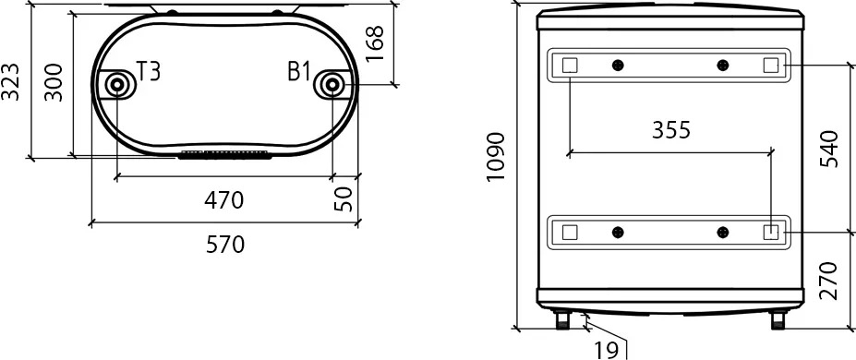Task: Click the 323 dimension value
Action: [x=10, y=82]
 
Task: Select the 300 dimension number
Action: [x=54, y=82]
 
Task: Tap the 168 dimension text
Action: [x=375, y=44]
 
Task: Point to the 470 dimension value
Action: [x=223, y=200]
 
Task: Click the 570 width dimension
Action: [x=225, y=245]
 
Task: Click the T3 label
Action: [x=149, y=71]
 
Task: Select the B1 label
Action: [x=299, y=71]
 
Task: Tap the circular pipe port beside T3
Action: [x=116, y=85]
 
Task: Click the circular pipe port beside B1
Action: [x=331, y=85]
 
